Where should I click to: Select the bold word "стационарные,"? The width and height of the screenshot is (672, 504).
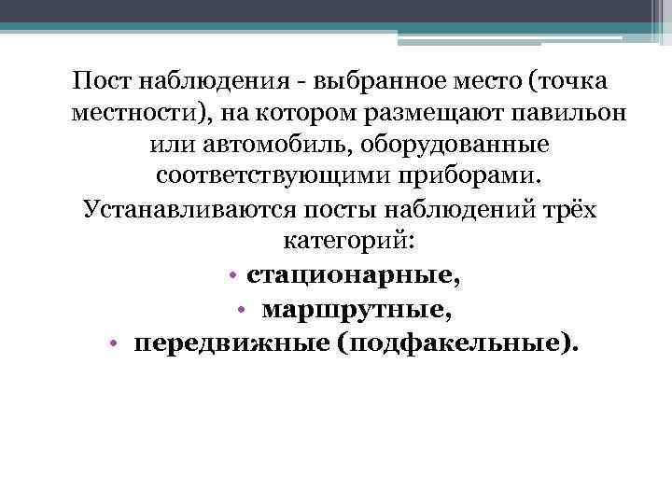354,276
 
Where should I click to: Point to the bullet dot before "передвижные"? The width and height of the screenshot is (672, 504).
111,344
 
